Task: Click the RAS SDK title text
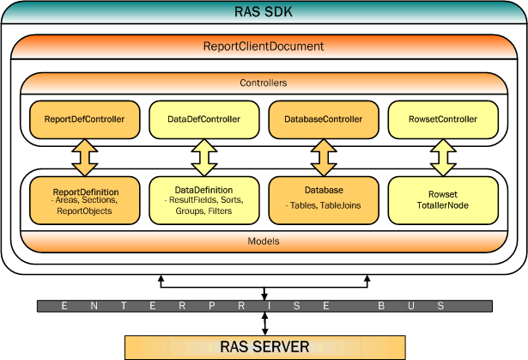(x=264, y=12)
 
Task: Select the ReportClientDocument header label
(x=264, y=46)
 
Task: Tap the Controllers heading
(x=264, y=83)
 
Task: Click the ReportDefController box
(x=84, y=119)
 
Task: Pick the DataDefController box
(x=204, y=119)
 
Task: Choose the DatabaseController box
(x=324, y=119)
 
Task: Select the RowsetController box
(x=443, y=119)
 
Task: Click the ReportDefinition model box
(x=84, y=200)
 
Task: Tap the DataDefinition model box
(x=204, y=200)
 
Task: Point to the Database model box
(x=324, y=200)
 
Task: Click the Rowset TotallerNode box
(x=443, y=200)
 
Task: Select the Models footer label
(x=264, y=241)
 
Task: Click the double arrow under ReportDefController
(x=85, y=158)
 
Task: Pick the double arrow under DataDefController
(x=204, y=158)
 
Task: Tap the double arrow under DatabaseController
(x=324, y=158)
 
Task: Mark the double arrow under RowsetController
(x=443, y=158)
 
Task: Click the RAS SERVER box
(x=265, y=347)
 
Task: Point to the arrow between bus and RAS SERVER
(x=265, y=324)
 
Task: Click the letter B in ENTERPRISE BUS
(x=381, y=306)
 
